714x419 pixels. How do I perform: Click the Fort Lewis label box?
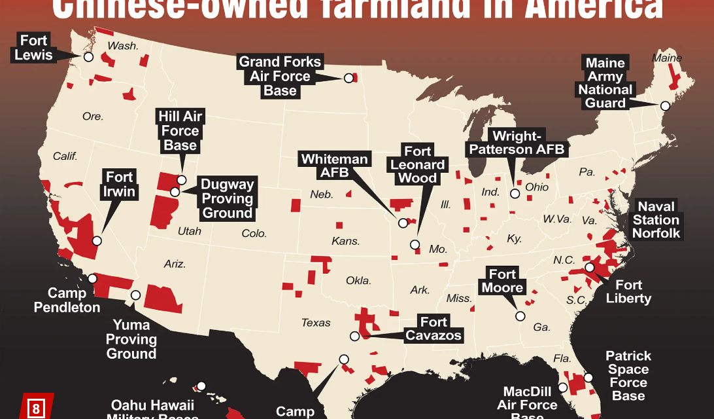(x=33, y=48)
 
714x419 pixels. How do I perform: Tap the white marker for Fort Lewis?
(x=88, y=57)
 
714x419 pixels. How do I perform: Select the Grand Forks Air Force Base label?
(x=280, y=76)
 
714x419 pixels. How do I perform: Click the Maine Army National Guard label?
(x=605, y=83)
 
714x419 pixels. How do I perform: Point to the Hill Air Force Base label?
(x=180, y=130)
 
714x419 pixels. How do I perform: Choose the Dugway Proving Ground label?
(x=227, y=198)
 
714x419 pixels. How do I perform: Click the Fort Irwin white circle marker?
(x=97, y=240)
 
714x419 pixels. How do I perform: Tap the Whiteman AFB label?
(x=335, y=166)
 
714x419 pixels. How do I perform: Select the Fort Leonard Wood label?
(x=417, y=165)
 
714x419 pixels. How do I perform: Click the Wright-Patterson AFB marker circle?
(x=515, y=193)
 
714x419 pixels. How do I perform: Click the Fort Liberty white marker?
(x=589, y=267)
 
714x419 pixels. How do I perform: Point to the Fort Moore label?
(x=502, y=281)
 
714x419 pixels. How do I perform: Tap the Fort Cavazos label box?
(x=433, y=329)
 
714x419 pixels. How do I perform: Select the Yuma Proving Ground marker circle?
(x=136, y=295)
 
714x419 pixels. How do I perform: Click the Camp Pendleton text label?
(x=67, y=300)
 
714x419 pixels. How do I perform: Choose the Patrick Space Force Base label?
(x=628, y=376)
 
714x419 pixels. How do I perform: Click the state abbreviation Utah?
(x=190, y=231)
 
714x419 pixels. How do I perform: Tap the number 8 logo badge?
(x=37, y=410)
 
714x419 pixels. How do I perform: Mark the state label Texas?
(x=316, y=322)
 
